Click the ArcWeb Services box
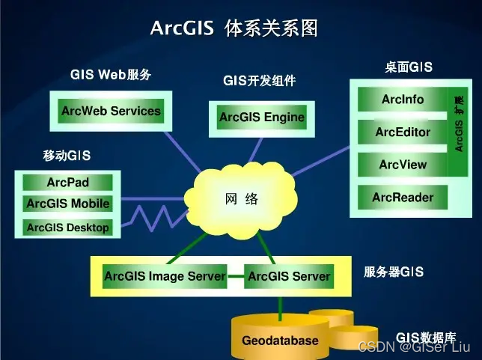coord(111,112)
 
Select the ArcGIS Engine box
coord(261,118)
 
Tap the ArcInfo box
coord(403,100)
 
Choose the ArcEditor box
coord(403,132)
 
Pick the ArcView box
coord(403,165)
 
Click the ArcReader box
coord(403,198)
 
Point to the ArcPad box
coord(68,183)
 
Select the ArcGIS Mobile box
coord(68,204)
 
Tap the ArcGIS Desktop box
coord(68,228)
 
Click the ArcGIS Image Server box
coord(165,276)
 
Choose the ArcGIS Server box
coord(289,276)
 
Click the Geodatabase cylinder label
coord(280,341)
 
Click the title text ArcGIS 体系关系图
coord(234,28)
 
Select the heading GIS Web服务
coord(111,75)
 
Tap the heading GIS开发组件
coord(259,81)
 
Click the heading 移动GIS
coord(67,156)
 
